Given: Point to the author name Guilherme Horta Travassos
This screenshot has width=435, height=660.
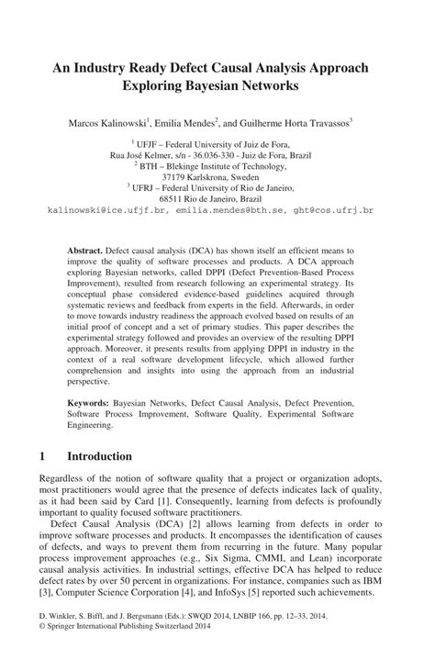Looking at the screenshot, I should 299,122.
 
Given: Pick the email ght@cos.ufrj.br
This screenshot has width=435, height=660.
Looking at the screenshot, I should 333,210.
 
